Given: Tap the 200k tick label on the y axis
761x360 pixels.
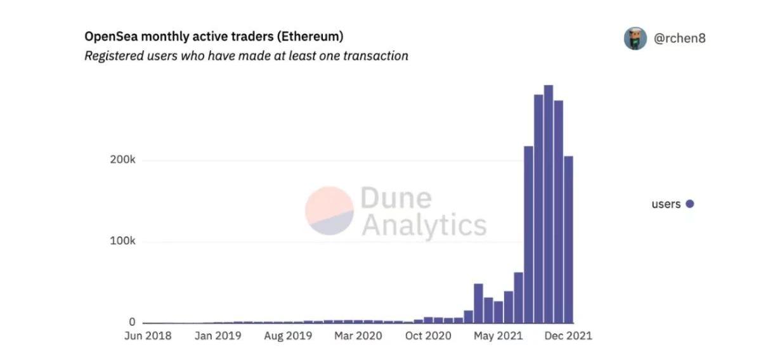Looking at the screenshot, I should pos(123,160).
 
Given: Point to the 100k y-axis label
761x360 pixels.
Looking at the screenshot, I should pos(123,241).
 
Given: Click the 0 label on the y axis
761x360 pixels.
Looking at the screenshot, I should pos(132,323).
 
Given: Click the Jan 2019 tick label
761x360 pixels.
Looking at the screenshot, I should pos(218,336).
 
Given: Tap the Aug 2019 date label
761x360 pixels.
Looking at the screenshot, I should pos(288,336).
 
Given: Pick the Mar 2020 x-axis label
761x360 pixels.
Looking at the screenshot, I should pos(358,336).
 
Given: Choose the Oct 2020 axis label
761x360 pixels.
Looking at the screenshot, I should pos(428,336).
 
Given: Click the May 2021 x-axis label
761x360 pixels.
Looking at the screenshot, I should pos(497,336).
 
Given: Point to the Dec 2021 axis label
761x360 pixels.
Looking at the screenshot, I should pos(568,336).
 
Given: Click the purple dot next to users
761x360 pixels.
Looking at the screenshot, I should pos(690,204).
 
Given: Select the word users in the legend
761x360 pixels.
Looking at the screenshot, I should pos(666,204).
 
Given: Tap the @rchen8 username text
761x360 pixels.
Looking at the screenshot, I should pos(680,38).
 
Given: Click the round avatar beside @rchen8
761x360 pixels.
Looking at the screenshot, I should pos(635,38).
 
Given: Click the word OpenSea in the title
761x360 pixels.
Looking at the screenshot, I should pos(110,36).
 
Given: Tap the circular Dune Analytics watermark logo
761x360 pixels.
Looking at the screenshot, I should pos(329,211).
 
